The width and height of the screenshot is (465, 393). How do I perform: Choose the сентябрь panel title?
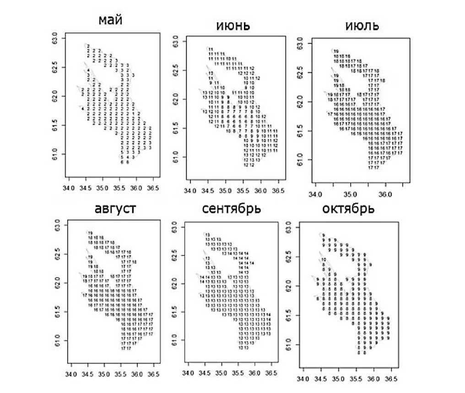(x=232, y=210)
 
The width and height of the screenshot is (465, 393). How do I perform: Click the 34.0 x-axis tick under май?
(x=68, y=188)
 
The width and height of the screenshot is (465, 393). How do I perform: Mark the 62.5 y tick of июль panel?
(x=298, y=73)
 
